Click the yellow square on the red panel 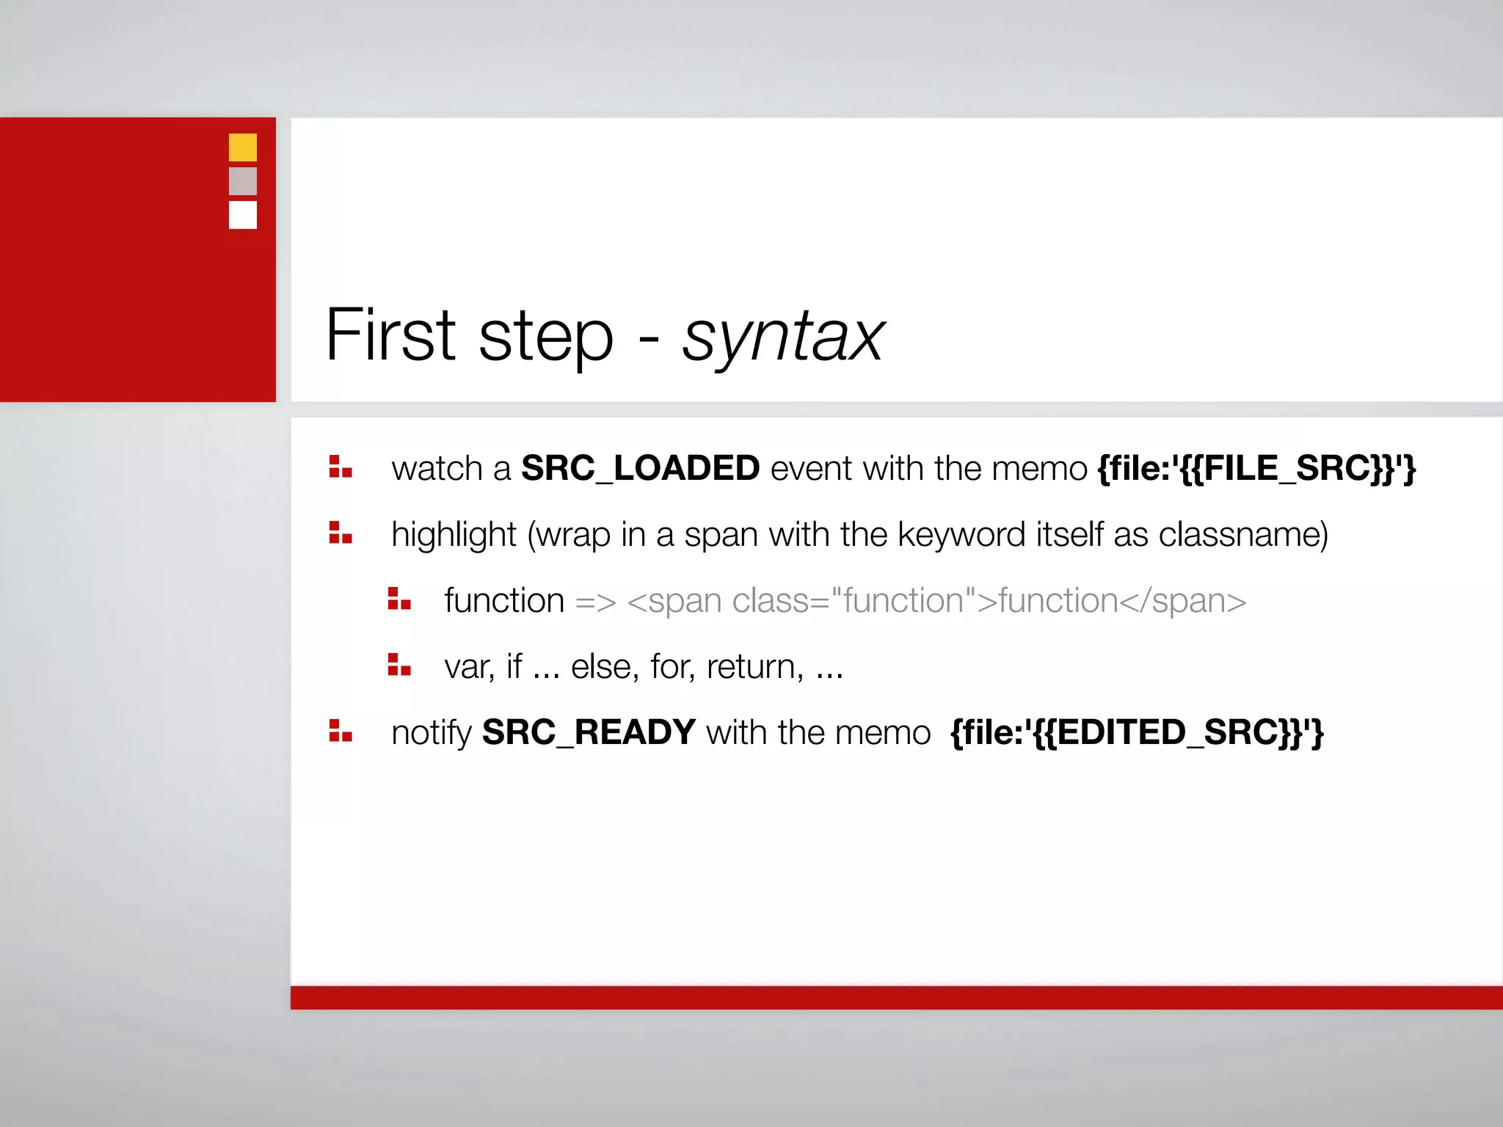pos(242,147)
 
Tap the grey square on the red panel pos(242,181)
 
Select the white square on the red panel pos(242,215)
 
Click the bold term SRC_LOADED pos(640,468)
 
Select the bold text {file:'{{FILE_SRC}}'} pos(1256,468)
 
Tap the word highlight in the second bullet pos(454,535)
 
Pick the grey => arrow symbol pos(595,602)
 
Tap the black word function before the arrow pos(503,601)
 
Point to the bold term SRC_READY pos(589,732)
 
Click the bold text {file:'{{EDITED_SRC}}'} pos(1136,732)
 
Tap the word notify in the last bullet pos(431,733)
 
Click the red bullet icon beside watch pos(340,467)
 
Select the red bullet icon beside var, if pos(399,665)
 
